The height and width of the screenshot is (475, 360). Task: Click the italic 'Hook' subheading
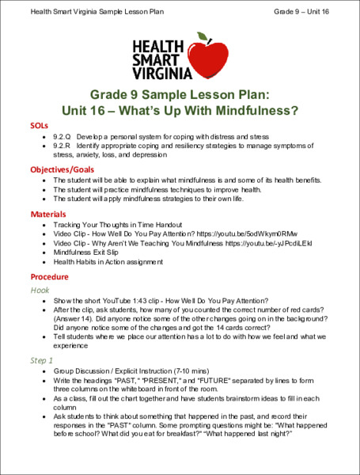point(40,291)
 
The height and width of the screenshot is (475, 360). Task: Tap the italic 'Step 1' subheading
point(43,359)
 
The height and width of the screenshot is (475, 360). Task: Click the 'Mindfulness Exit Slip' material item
point(91,254)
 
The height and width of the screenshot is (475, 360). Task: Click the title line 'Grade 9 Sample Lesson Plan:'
point(180,93)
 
